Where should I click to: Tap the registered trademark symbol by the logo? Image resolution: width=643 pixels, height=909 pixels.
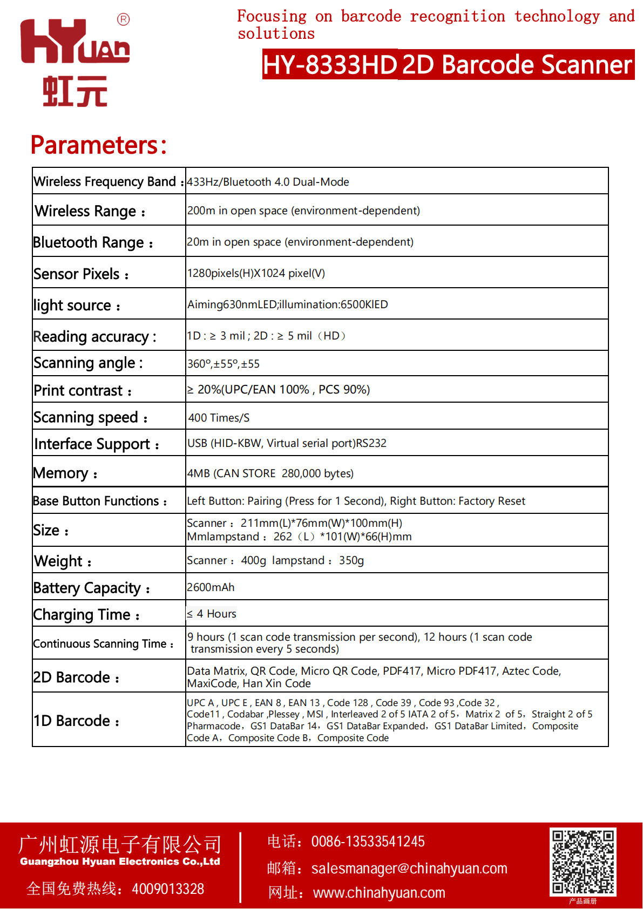tap(123, 20)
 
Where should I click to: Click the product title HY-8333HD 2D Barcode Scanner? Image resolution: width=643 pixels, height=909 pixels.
tap(448, 65)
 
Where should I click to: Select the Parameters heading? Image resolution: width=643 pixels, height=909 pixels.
tap(99, 145)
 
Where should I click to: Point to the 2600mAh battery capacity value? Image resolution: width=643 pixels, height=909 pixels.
tap(211, 587)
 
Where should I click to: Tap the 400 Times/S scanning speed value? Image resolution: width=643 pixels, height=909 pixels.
tap(219, 418)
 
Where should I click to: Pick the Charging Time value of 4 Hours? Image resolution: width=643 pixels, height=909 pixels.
tap(212, 614)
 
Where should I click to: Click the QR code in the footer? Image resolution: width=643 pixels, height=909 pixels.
tap(583, 861)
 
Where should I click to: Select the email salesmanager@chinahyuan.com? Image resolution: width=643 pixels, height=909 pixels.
tap(409, 869)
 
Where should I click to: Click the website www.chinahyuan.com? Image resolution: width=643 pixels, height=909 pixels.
tap(379, 893)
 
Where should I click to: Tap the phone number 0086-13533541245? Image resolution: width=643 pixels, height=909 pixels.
tap(368, 842)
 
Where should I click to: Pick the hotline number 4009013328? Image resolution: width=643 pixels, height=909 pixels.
tap(168, 889)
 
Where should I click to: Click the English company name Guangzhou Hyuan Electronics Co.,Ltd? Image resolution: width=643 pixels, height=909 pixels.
tap(120, 861)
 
